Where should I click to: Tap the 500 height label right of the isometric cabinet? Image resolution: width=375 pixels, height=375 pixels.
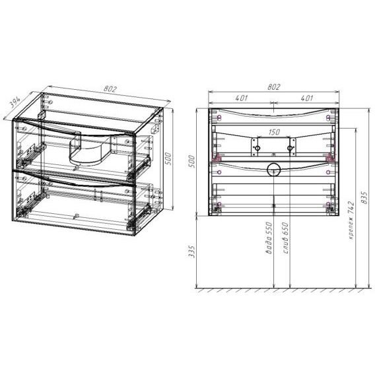(x=168, y=159)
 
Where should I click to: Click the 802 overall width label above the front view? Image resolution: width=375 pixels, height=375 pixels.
(x=274, y=86)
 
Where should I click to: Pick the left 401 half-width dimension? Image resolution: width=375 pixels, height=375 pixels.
(x=241, y=98)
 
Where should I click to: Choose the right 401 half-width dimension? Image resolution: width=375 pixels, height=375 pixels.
(x=306, y=98)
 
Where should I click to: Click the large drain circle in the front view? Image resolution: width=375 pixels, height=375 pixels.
(x=274, y=170)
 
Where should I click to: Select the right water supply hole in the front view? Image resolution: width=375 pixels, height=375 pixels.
(x=290, y=149)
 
